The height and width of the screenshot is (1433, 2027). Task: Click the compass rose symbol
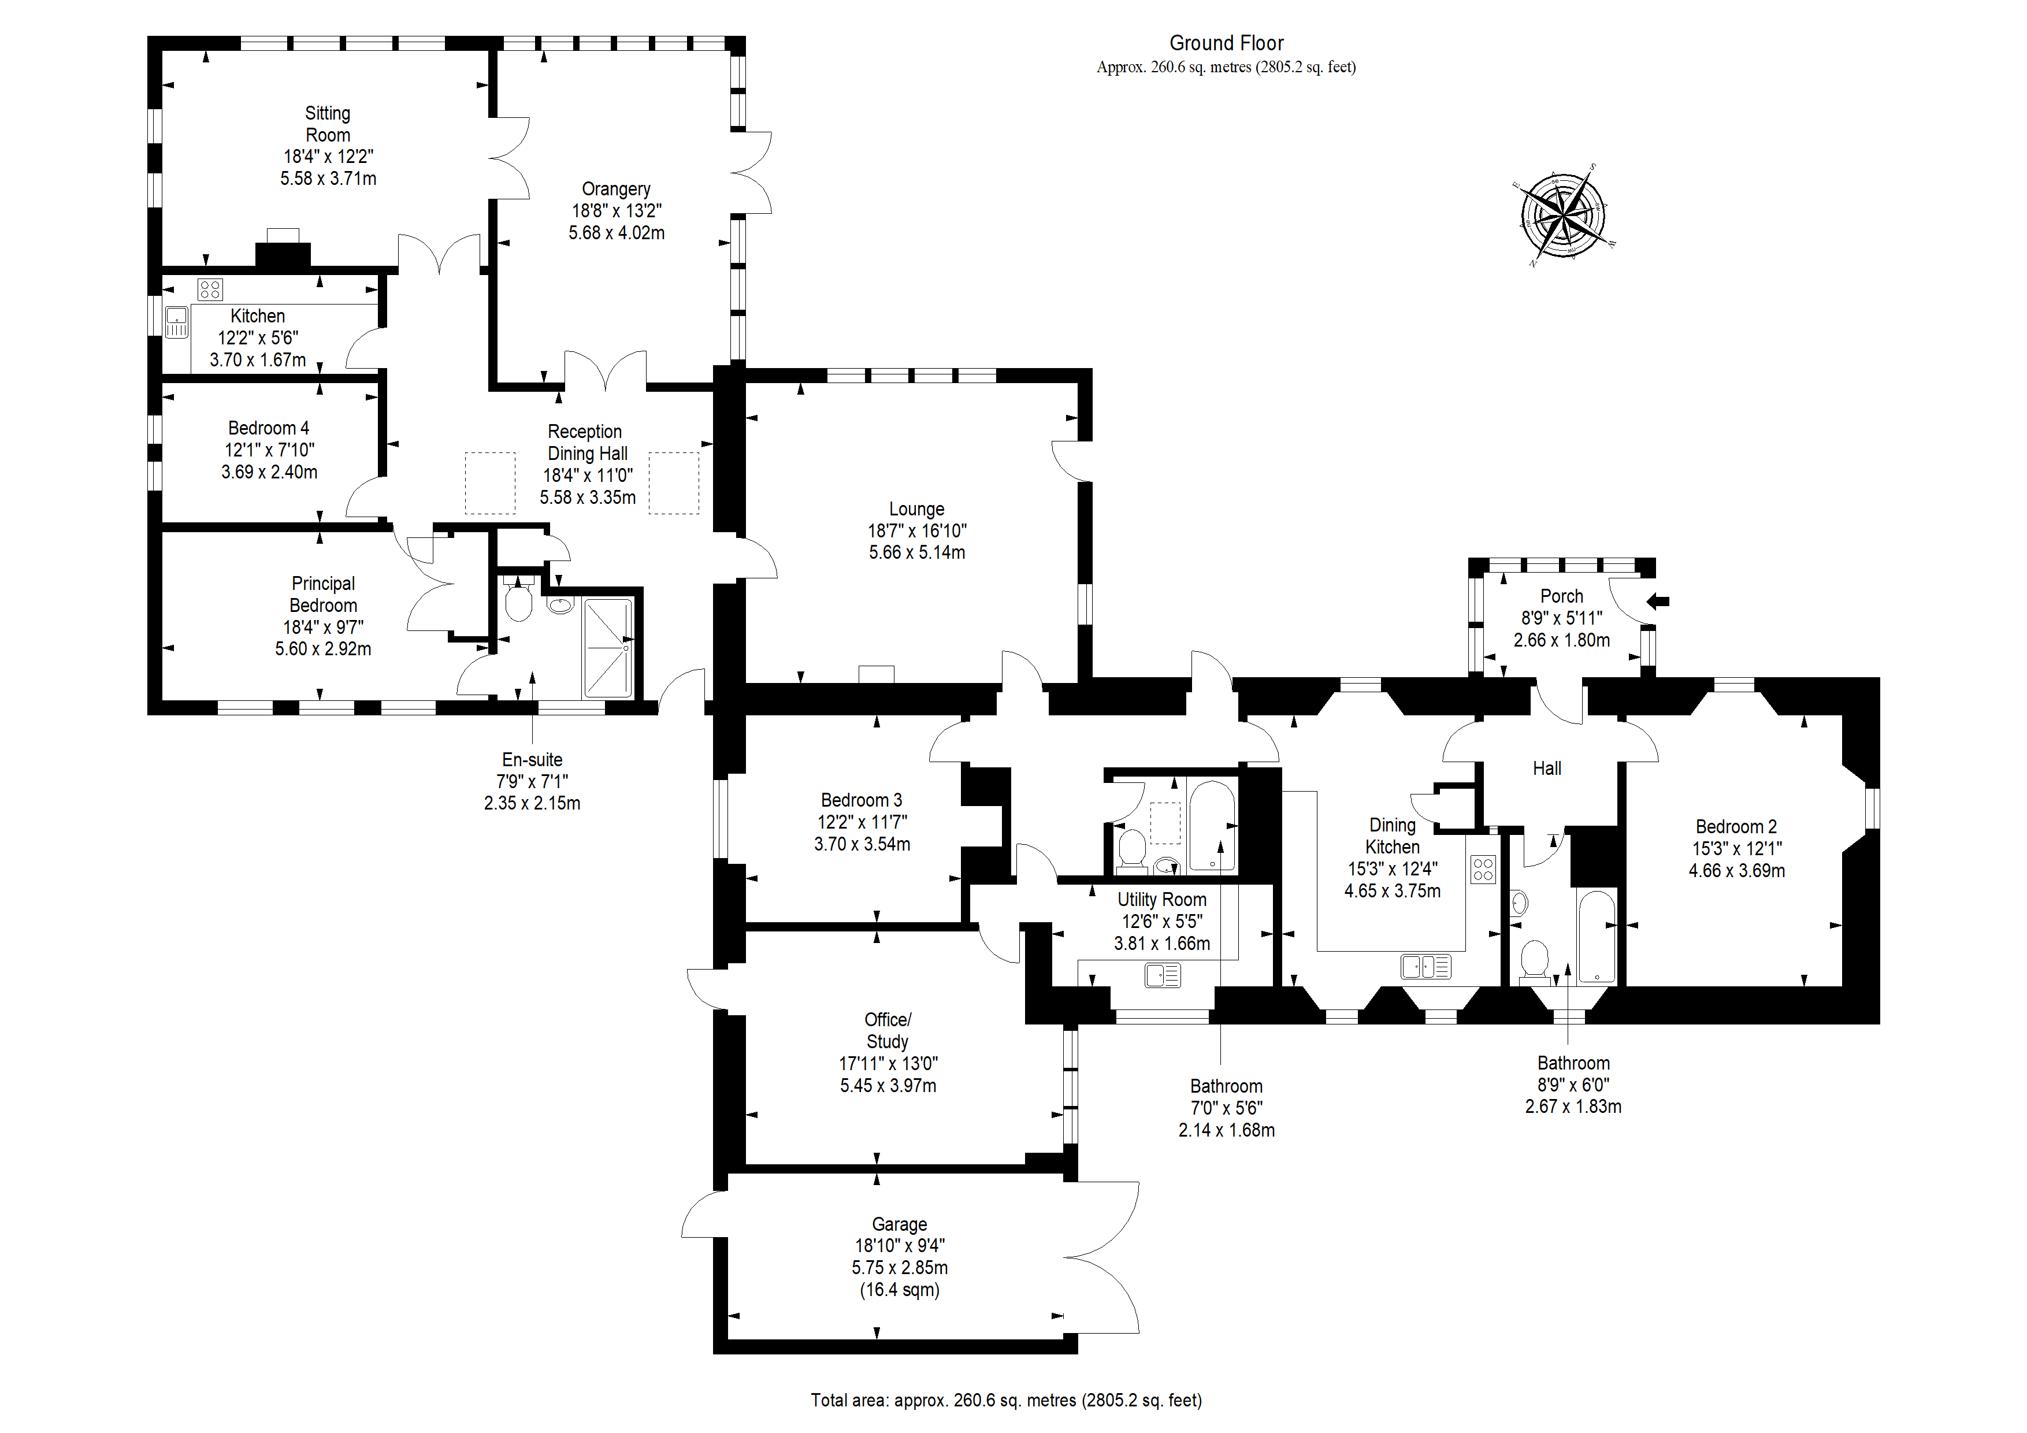tap(1564, 214)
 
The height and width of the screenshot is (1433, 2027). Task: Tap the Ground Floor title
tap(1226, 43)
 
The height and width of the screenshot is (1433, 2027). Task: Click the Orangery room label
tap(615, 189)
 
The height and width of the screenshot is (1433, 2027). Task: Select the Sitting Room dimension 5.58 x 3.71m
tap(328, 179)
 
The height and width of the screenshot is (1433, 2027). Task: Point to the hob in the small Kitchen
tap(210, 289)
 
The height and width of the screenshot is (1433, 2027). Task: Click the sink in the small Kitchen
tap(177, 322)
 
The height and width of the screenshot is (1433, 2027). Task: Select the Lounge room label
tap(916, 510)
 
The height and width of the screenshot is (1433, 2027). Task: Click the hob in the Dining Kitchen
tap(1483, 870)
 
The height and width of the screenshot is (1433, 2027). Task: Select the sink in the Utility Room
tap(1162, 975)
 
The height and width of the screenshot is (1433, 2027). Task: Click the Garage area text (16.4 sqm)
tap(900, 1290)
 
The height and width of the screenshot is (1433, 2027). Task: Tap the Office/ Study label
tap(888, 1030)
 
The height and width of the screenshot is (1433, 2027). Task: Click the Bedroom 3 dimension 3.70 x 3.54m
tap(862, 844)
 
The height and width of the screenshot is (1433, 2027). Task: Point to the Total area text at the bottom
tap(1007, 1400)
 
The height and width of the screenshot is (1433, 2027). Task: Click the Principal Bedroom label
tap(323, 594)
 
